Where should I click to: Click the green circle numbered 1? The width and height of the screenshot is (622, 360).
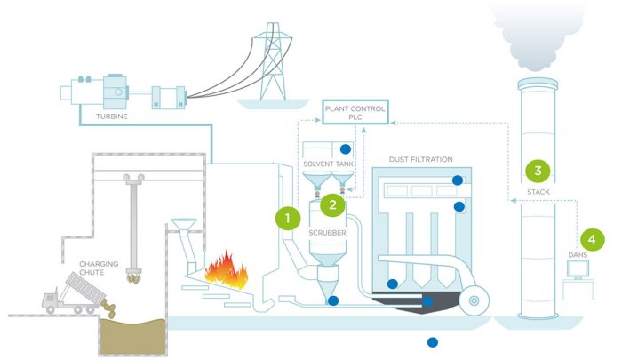[286, 216]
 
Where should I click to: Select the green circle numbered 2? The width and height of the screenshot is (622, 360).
[332, 204]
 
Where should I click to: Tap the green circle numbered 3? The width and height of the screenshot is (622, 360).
[537, 168]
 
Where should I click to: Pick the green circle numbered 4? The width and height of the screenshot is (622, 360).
[593, 238]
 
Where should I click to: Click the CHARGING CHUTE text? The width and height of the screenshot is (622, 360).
[99, 268]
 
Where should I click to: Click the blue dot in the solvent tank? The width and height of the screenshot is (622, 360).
[346, 148]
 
